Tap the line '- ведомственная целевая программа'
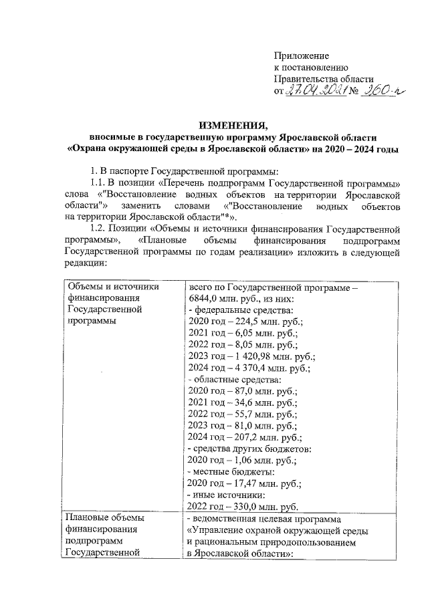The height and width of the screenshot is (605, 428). [x=264, y=518]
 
